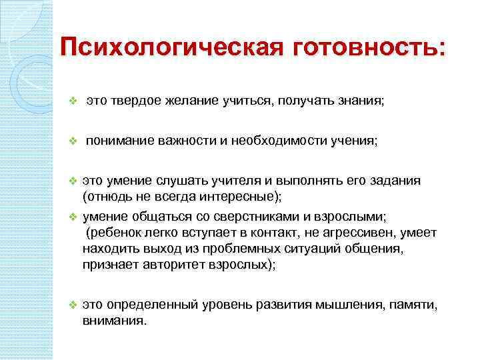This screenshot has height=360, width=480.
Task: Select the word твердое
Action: (x=138, y=101)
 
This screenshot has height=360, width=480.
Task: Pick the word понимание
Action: (x=120, y=141)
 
